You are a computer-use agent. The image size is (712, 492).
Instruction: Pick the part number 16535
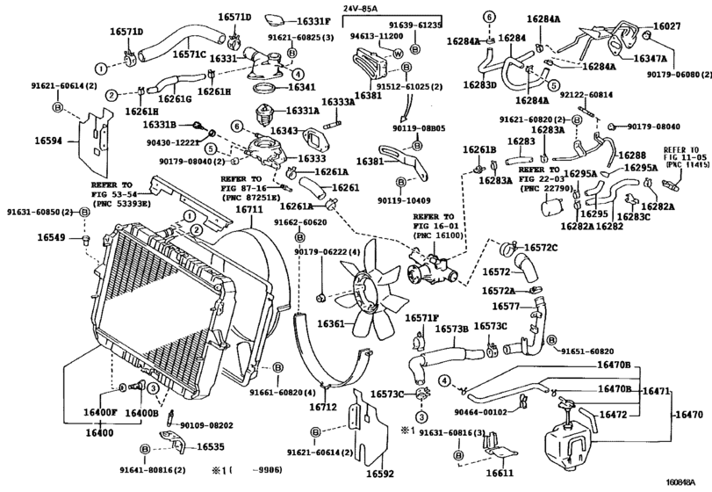tap(211, 446)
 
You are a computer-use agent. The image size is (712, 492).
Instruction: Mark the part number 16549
tap(51, 237)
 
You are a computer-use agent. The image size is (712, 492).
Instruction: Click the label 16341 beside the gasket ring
tap(301, 88)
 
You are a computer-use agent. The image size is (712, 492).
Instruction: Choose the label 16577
tap(506, 307)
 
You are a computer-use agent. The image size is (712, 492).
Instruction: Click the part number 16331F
tap(313, 20)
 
